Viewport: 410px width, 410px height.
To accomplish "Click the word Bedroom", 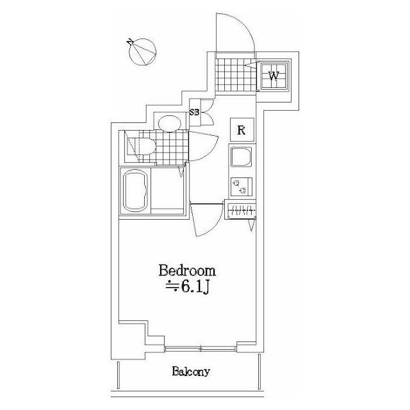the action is click(x=187, y=271).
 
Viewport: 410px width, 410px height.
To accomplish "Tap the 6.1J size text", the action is click(x=188, y=287).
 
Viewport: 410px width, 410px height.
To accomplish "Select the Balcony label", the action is click(x=191, y=372).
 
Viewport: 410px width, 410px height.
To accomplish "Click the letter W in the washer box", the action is click(x=274, y=76).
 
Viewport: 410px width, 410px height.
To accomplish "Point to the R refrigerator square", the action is click(x=242, y=130).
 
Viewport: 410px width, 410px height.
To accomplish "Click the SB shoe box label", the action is click(x=195, y=113).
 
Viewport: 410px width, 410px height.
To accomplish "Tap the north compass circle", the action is click(x=143, y=52).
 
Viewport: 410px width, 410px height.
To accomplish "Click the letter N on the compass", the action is click(x=130, y=42).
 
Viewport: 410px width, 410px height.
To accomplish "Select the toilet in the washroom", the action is click(x=141, y=147).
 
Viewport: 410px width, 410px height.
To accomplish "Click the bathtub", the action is click(x=135, y=190).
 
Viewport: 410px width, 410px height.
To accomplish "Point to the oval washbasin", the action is click(x=170, y=123).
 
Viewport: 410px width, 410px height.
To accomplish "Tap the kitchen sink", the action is click(x=242, y=156).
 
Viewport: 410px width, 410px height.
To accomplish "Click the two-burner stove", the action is click(x=242, y=186).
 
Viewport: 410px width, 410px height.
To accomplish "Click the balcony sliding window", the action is click(x=201, y=348).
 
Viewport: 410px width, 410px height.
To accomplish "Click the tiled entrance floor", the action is click(x=235, y=75).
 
